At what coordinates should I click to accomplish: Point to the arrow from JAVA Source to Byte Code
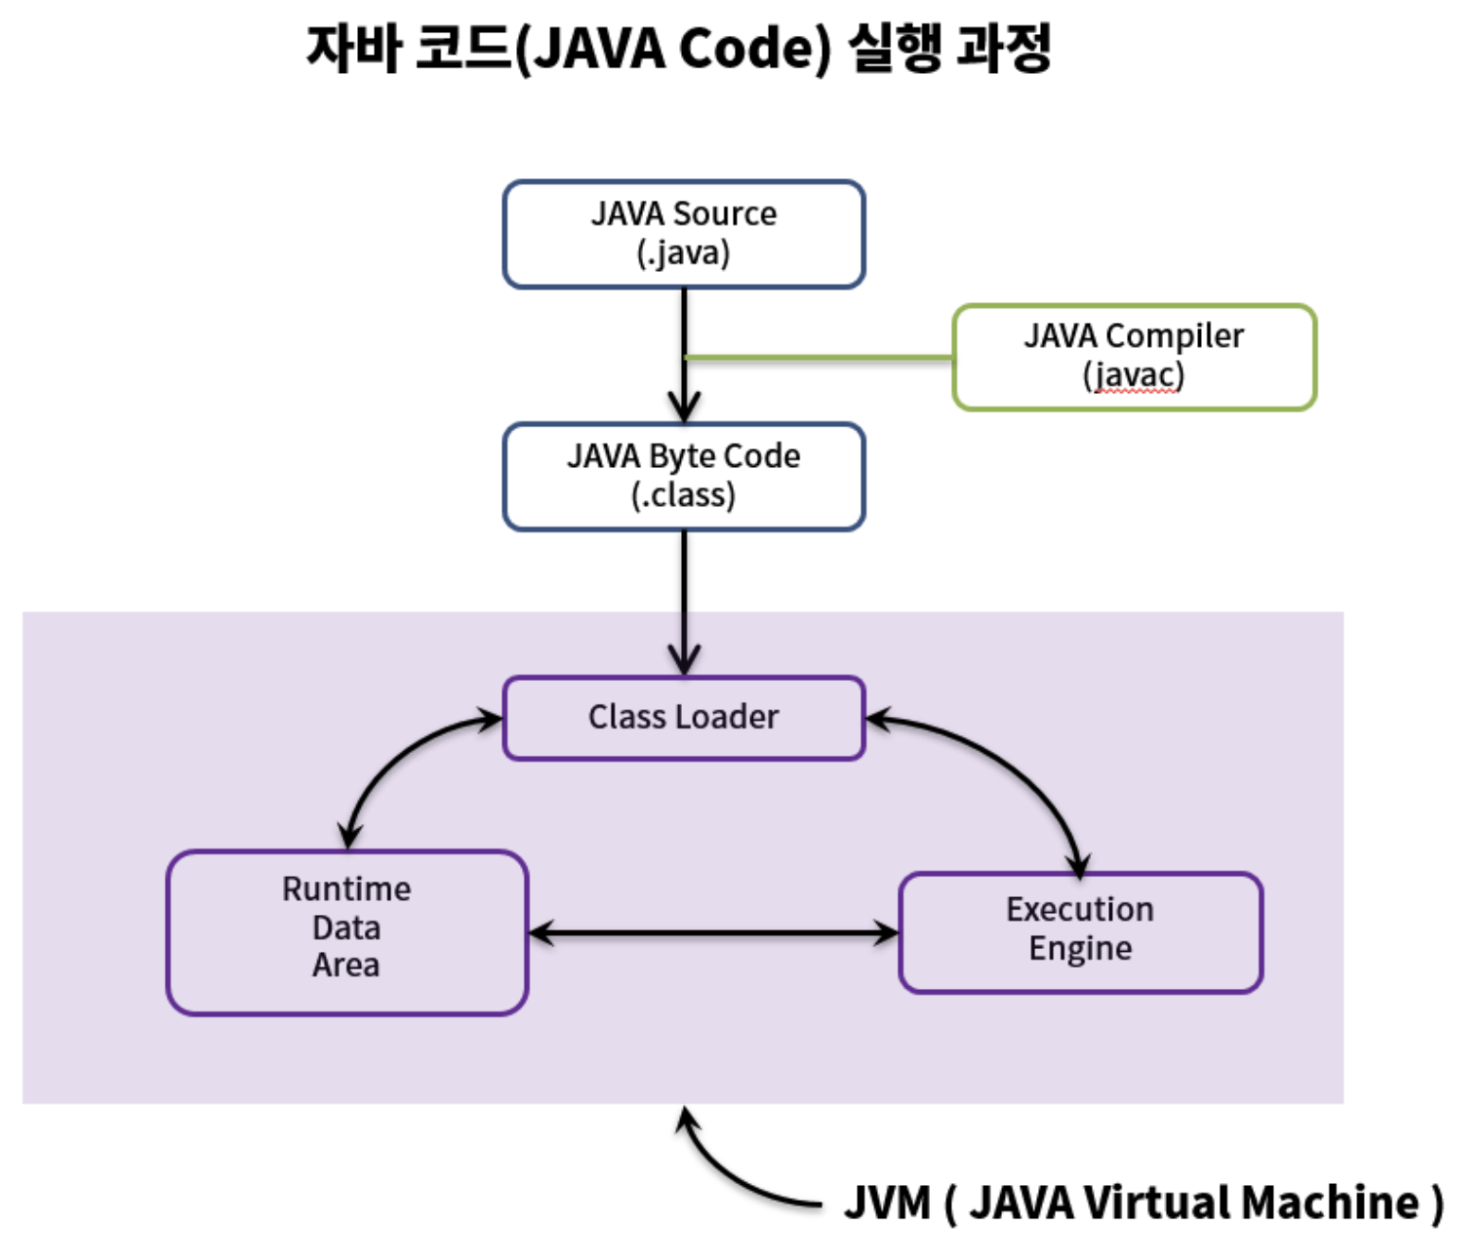point(684,355)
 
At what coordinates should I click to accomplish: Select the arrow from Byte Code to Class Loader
point(684,603)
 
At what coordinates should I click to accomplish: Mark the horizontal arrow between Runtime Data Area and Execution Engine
point(714,933)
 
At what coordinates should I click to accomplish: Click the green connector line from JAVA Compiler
point(818,357)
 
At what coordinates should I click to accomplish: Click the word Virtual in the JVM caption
point(1155,1203)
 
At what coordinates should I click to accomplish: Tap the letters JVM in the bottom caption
point(887,1203)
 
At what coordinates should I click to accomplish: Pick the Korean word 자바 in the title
point(354,47)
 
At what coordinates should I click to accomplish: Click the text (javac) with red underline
point(1134,376)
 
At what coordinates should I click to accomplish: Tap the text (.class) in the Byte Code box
point(683,495)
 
